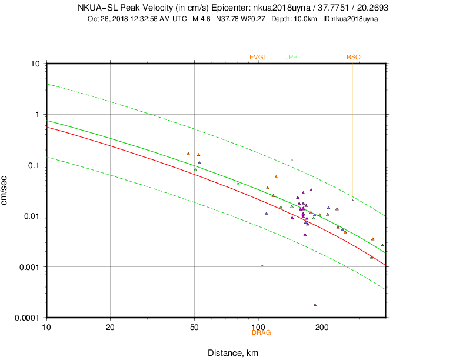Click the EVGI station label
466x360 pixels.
257,57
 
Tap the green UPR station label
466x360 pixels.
291,57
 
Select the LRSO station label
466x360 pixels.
351,57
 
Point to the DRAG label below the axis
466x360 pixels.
261,332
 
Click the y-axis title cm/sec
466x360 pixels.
5,190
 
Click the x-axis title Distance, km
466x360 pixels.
233,353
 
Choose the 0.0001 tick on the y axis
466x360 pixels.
28,318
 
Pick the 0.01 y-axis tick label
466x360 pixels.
31,216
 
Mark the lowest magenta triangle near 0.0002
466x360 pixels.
315,305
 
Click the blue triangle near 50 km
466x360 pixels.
199,162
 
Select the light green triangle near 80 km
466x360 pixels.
238,184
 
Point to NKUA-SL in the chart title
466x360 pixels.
94,8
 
